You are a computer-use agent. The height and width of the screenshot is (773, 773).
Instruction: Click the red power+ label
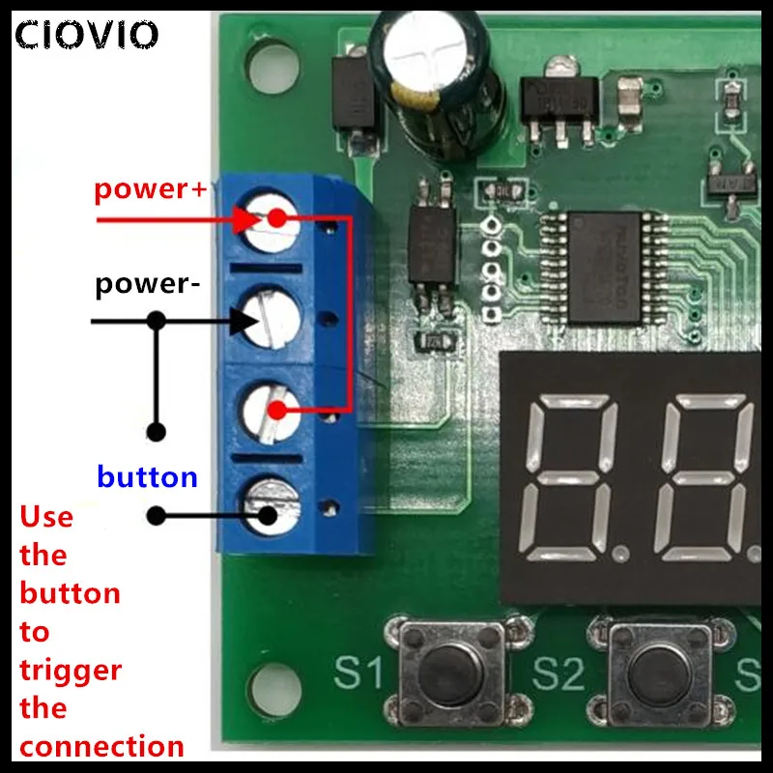coord(150,188)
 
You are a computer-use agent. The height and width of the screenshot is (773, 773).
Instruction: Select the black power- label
coord(148,286)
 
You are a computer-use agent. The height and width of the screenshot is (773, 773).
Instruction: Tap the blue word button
coord(147,476)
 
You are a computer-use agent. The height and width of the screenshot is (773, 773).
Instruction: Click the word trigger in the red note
coord(71,670)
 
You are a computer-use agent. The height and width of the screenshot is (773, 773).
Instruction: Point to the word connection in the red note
coord(101,746)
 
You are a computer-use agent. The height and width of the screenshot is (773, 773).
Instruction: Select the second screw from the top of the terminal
coord(268,316)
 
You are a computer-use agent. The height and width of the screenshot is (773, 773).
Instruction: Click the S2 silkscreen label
coord(558,672)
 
